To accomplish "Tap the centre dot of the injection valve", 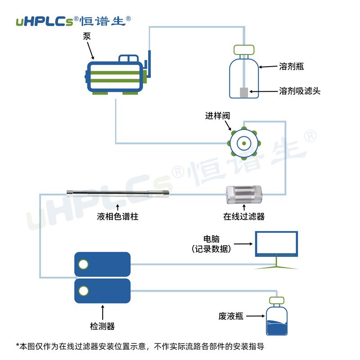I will pos(243,143).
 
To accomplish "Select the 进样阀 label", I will pos(218,116).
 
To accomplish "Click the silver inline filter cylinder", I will pos(243,194).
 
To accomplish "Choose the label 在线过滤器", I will pos(244,216).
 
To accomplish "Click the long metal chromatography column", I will pos(117,194).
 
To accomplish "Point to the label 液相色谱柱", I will pos(117,216).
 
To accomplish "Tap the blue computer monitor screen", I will pos(276,243).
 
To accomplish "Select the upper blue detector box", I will pos(102,264).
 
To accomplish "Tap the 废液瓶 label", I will pos(231,316).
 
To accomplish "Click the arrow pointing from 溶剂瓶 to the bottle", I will pos(268,67).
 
